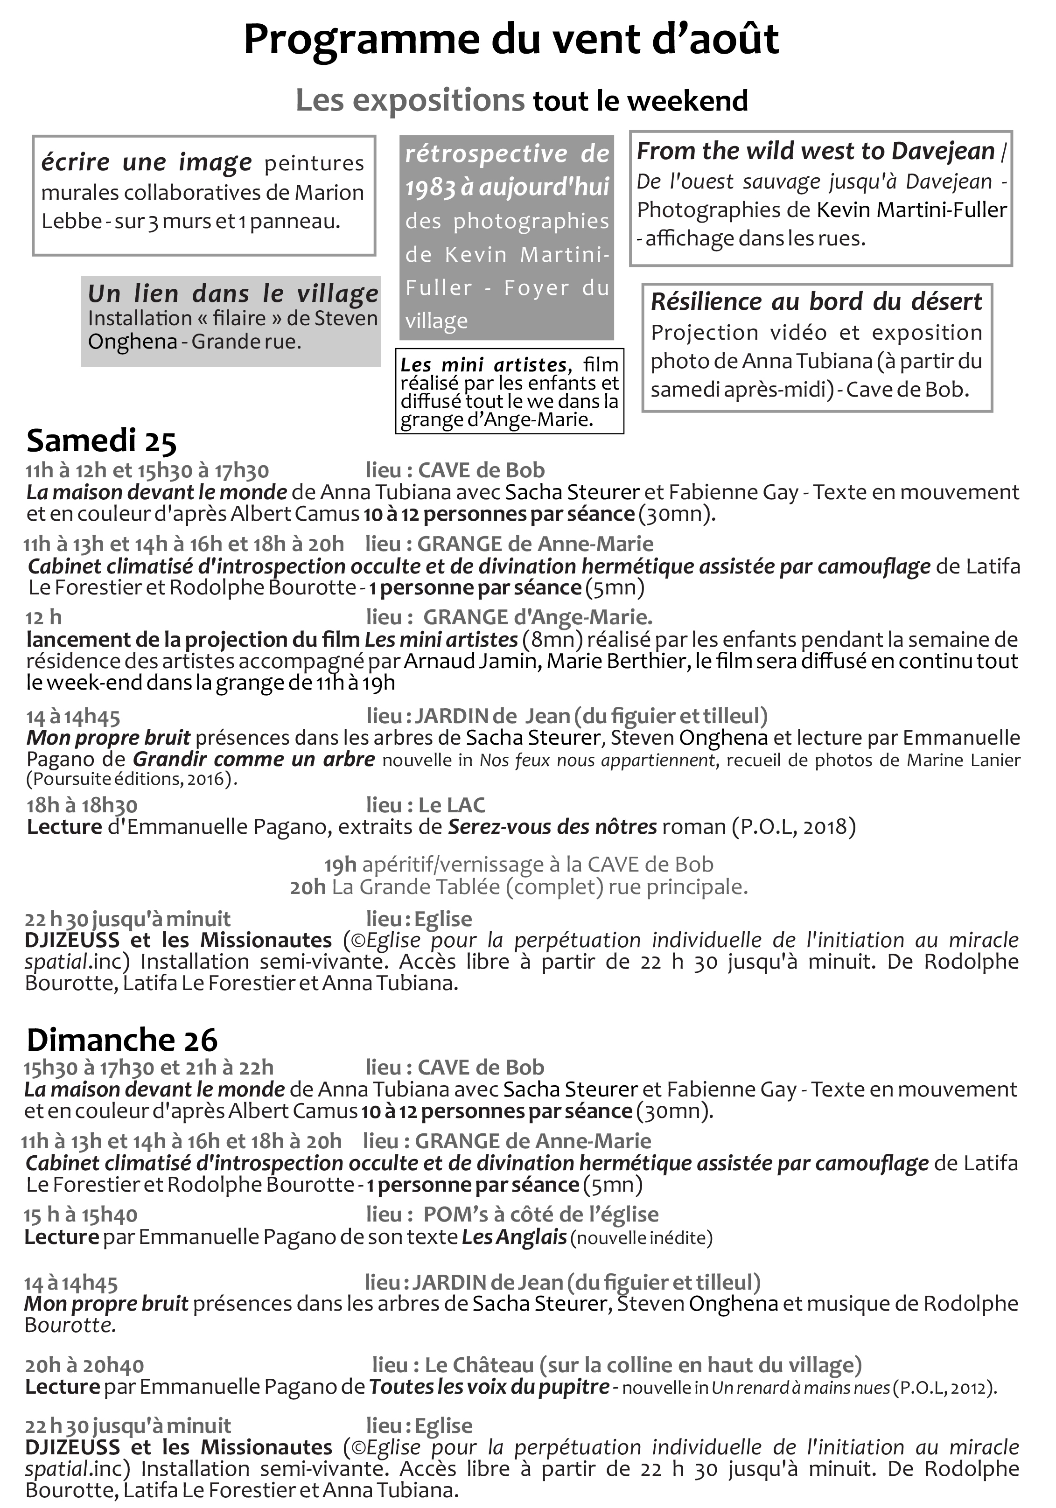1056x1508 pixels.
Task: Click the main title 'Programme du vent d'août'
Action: (x=511, y=39)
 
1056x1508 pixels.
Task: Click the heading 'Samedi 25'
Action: (x=102, y=441)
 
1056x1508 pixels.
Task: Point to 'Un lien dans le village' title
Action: (x=233, y=293)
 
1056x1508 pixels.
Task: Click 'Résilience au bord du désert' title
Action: (x=816, y=301)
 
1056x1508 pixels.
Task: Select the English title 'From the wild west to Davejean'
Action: (x=816, y=151)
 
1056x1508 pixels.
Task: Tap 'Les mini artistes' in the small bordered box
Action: (x=483, y=364)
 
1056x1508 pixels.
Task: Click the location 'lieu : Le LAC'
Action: (x=426, y=805)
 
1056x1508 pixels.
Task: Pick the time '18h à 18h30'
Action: (x=82, y=805)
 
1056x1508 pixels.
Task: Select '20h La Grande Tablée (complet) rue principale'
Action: (x=519, y=887)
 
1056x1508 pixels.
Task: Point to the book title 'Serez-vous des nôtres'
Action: (x=552, y=826)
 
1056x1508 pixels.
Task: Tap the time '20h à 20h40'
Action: (x=85, y=1366)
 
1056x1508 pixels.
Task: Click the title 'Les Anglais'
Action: (x=514, y=1237)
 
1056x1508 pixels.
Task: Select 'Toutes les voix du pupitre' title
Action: (x=489, y=1387)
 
